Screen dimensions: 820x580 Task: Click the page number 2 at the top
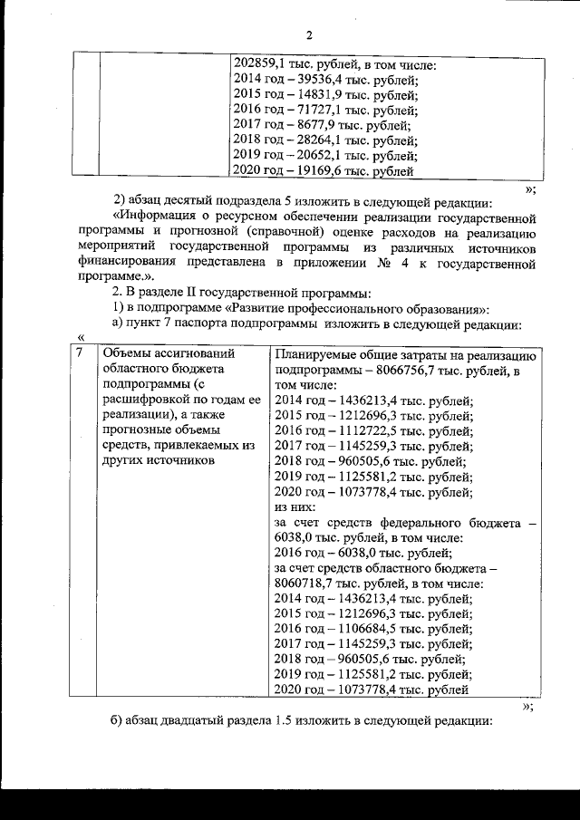point(308,35)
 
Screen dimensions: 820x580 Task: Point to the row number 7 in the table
point(81,354)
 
